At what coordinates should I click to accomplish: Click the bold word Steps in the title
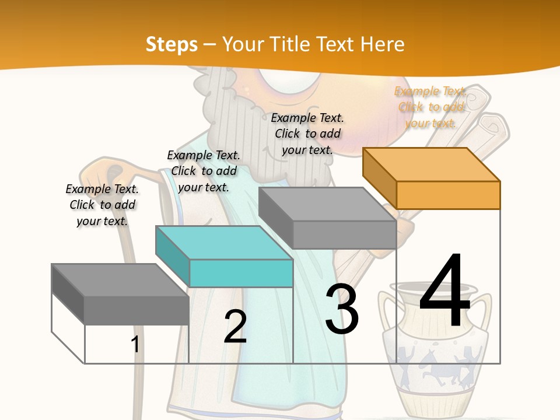[x=171, y=45]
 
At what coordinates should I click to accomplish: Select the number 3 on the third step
[x=342, y=308]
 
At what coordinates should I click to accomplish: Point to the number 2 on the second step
[x=235, y=326]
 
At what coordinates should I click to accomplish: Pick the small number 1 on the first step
[x=135, y=344]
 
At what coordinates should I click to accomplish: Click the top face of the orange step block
[x=432, y=164]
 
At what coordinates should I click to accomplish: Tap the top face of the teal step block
[x=224, y=243]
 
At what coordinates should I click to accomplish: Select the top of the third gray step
[x=327, y=204]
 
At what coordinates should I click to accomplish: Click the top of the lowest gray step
[x=120, y=280]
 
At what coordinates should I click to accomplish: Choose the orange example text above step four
[x=430, y=107]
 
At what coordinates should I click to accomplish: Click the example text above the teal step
[x=204, y=171]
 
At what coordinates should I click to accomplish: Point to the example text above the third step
[x=307, y=134]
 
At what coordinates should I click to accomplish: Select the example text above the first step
[x=102, y=205]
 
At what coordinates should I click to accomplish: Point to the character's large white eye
[x=289, y=80]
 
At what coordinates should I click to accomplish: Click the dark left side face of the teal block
[x=173, y=257]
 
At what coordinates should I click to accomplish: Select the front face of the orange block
[x=448, y=195]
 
